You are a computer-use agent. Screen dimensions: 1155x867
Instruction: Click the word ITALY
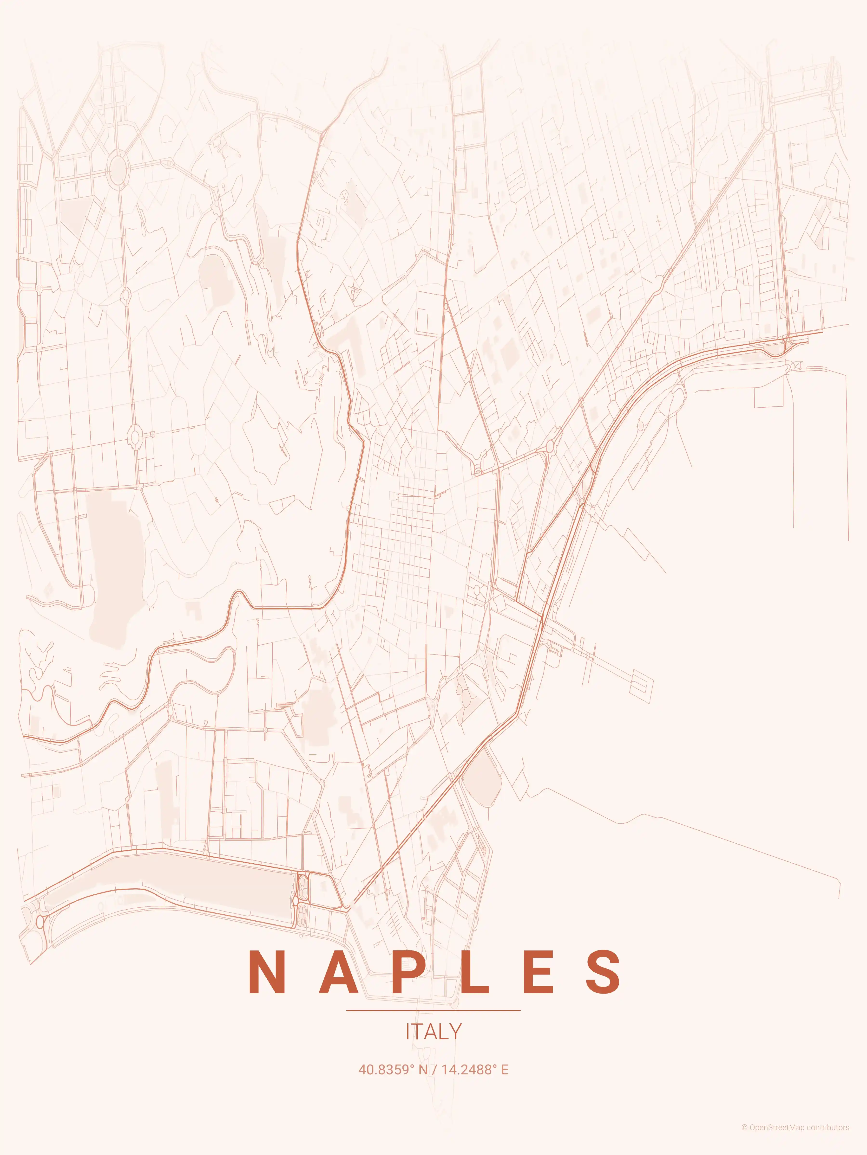coord(433,1032)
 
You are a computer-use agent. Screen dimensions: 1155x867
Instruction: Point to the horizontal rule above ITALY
coord(433,1010)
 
